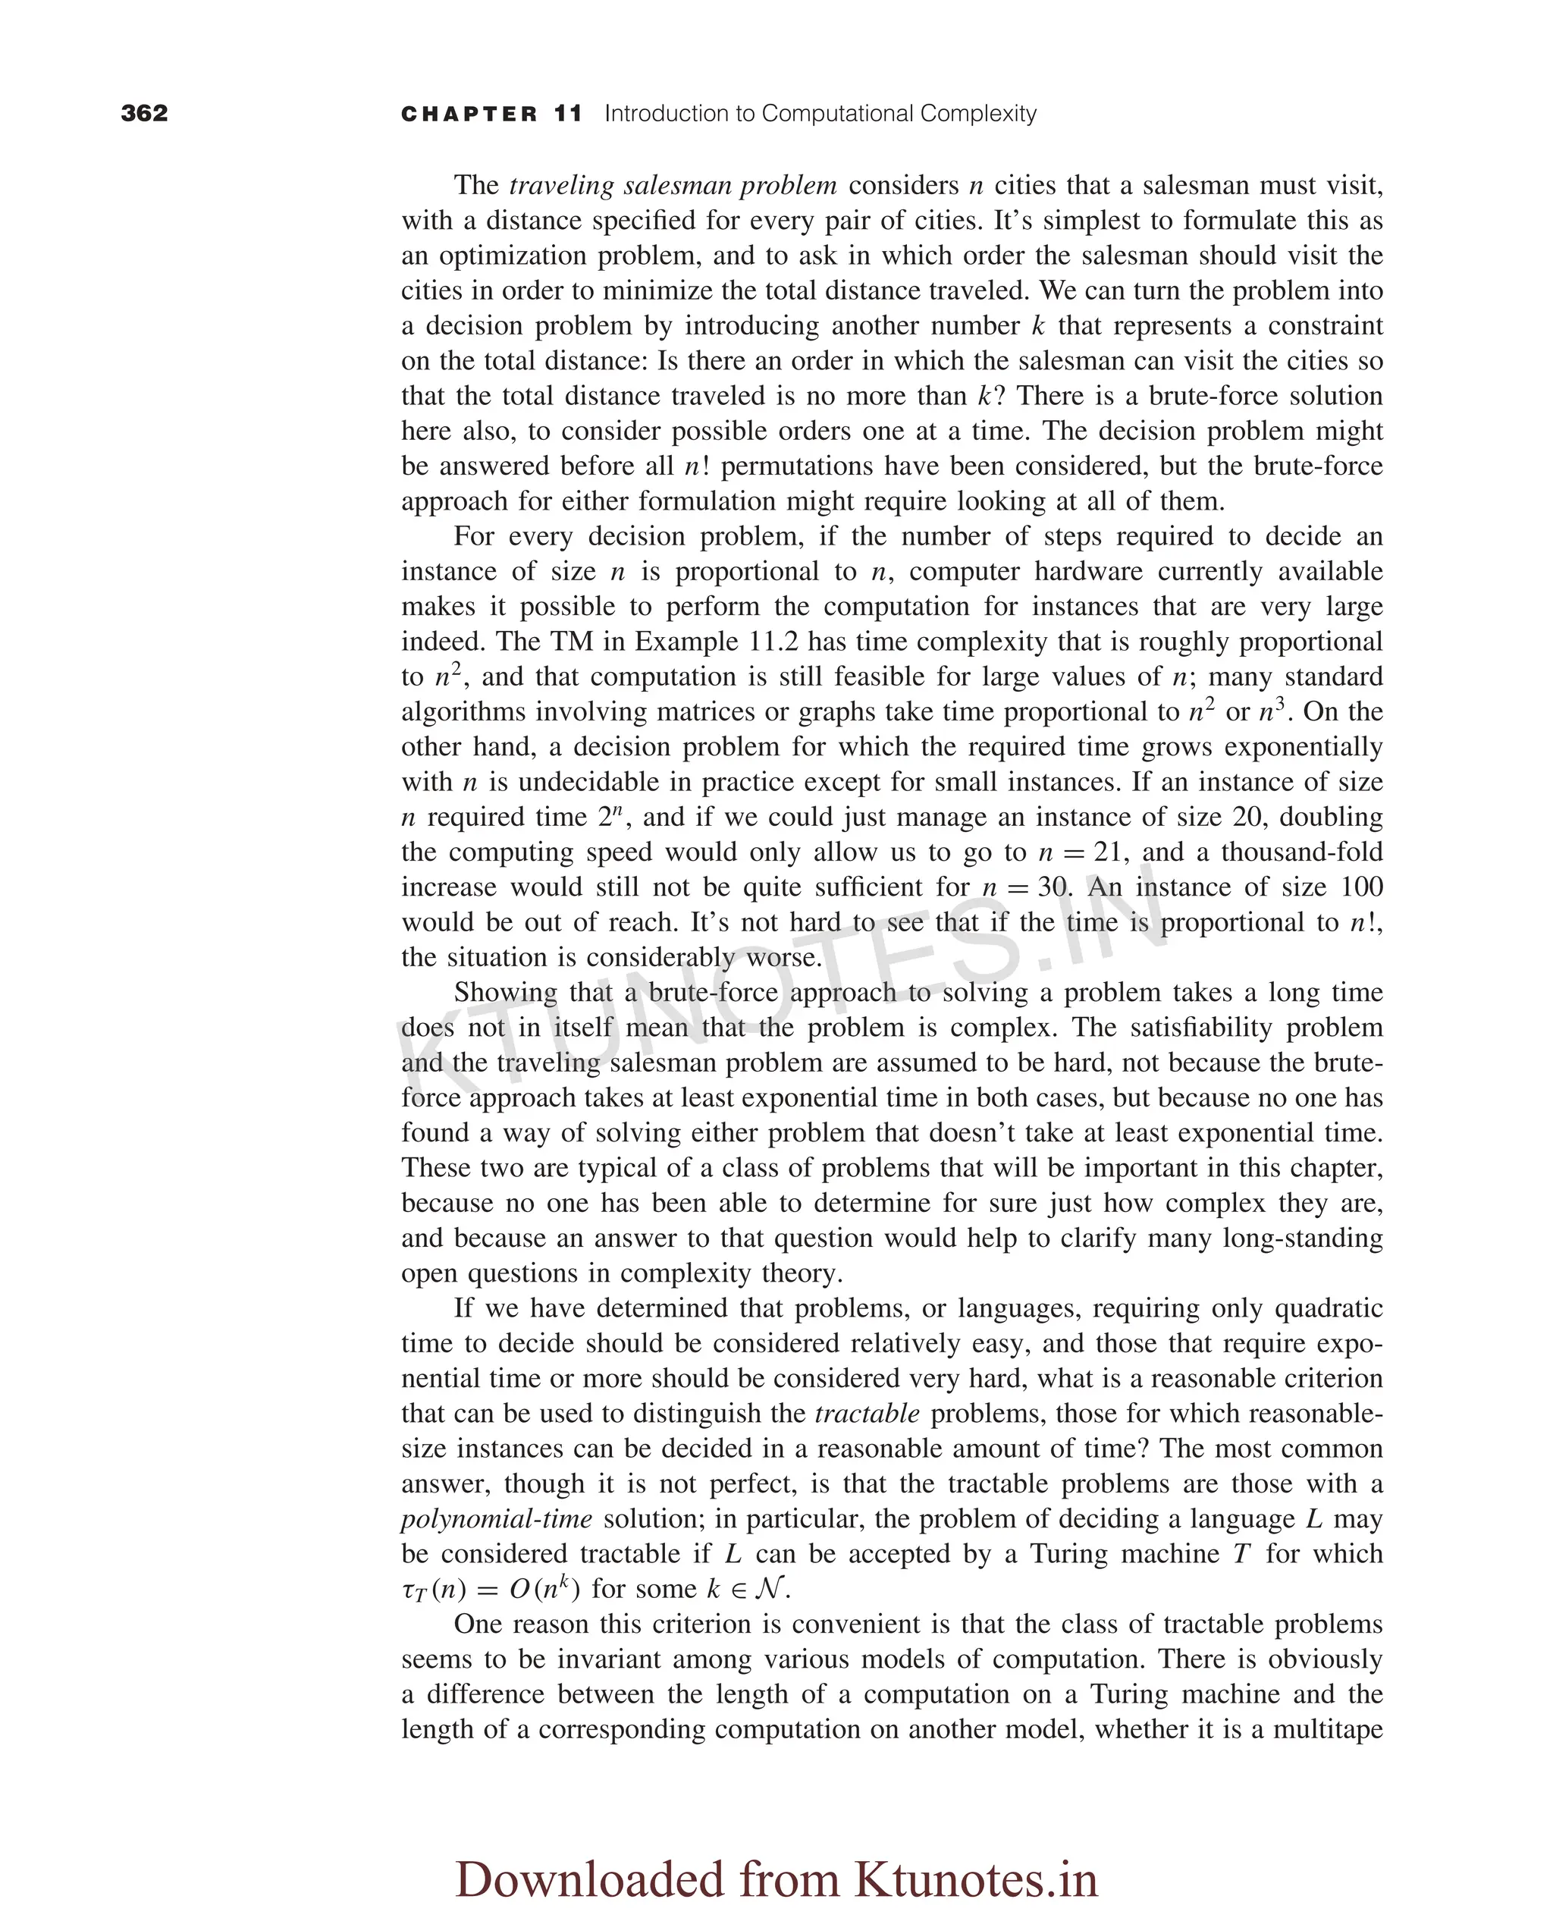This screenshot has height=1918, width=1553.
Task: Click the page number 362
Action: [144, 113]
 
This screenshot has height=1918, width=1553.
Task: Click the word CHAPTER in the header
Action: [469, 114]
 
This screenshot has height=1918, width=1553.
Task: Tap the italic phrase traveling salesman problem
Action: [673, 185]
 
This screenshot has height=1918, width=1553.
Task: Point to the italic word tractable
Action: [867, 1414]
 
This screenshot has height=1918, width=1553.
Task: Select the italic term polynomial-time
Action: [497, 1519]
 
